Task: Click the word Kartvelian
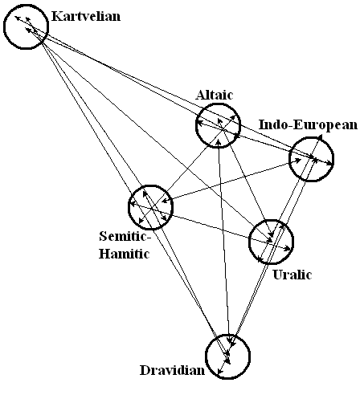(x=86, y=16)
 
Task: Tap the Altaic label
(x=215, y=95)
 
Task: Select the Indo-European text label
(x=309, y=124)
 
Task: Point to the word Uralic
(x=292, y=275)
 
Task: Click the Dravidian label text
(x=172, y=371)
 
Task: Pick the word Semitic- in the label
(x=124, y=237)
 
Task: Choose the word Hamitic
(x=124, y=254)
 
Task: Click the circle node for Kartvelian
(x=27, y=5)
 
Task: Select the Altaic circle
(x=218, y=104)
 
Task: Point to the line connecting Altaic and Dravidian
(x=224, y=242)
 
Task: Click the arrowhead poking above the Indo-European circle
(x=320, y=137)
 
